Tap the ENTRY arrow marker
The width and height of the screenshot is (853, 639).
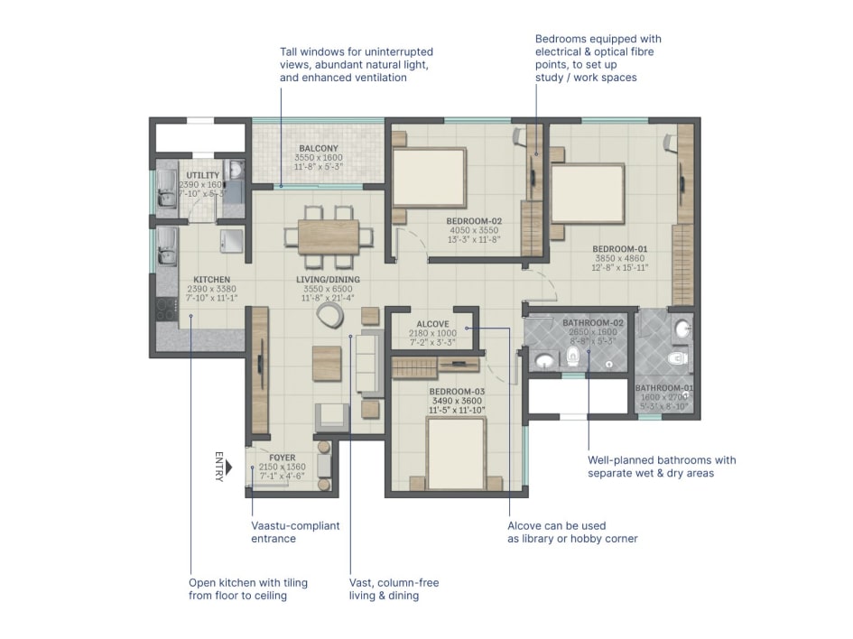click(x=229, y=467)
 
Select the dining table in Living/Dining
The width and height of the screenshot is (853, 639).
click(x=329, y=236)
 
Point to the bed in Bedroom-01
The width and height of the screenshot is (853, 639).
click(x=588, y=192)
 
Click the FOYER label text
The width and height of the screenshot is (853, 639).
click(x=283, y=458)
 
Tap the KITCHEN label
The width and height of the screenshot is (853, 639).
click(x=211, y=280)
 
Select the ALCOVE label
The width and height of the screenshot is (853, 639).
click(x=432, y=324)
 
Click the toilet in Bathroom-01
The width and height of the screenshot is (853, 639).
click(x=677, y=359)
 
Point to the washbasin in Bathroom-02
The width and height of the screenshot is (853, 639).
click(x=544, y=362)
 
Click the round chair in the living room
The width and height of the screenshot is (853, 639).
click(x=329, y=314)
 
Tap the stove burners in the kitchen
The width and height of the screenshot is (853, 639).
click(x=165, y=309)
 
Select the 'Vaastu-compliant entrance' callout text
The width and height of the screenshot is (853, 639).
click(x=295, y=532)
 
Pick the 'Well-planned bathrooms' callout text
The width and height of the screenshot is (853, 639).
click(x=662, y=466)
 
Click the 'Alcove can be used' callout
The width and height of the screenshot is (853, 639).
click(x=572, y=532)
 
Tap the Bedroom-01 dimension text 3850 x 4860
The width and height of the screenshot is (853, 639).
click(x=618, y=258)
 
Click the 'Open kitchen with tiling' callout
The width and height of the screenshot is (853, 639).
click(x=248, y=588)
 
